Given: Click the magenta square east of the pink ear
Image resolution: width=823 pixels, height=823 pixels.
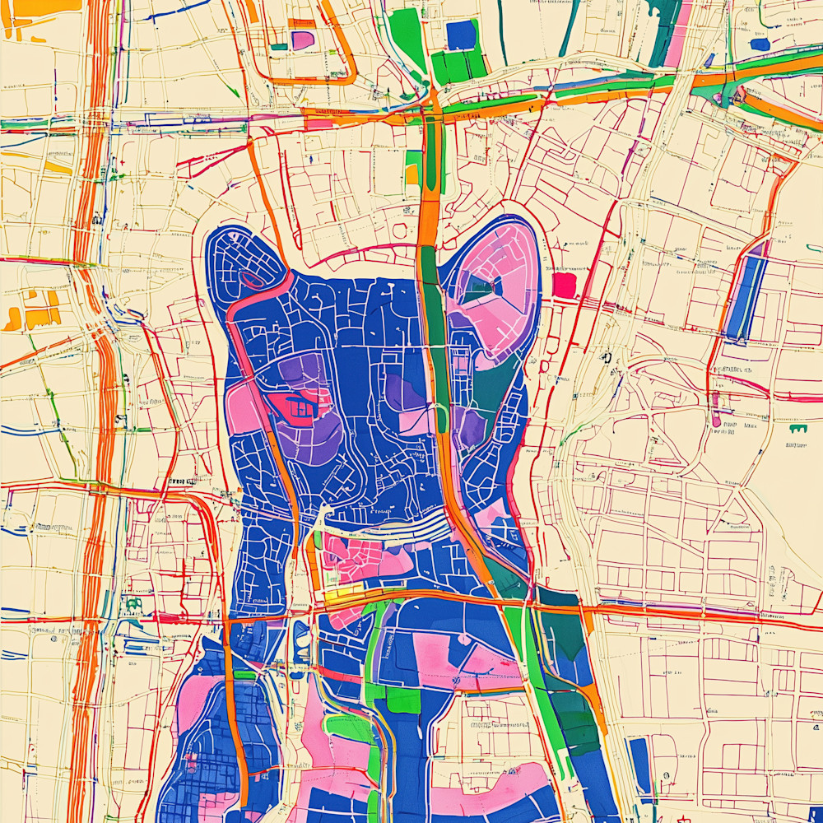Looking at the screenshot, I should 564,285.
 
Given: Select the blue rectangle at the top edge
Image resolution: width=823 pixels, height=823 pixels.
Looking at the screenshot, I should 461,35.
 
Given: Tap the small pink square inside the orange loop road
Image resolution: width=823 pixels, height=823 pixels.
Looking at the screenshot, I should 302,40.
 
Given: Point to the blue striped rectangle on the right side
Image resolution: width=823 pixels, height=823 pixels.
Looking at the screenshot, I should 746,297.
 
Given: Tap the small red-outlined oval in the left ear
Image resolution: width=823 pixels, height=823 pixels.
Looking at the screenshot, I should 254,280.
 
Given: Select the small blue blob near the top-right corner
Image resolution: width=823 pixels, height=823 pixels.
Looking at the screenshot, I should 760,44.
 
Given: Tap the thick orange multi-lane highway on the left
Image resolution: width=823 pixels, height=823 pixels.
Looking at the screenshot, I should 95,411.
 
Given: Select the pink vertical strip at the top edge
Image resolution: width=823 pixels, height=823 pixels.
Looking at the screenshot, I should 679,33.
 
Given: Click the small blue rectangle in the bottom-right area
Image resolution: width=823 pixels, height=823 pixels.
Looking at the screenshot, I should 639,765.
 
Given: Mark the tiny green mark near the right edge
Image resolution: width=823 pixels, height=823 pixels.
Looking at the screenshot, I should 796,429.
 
